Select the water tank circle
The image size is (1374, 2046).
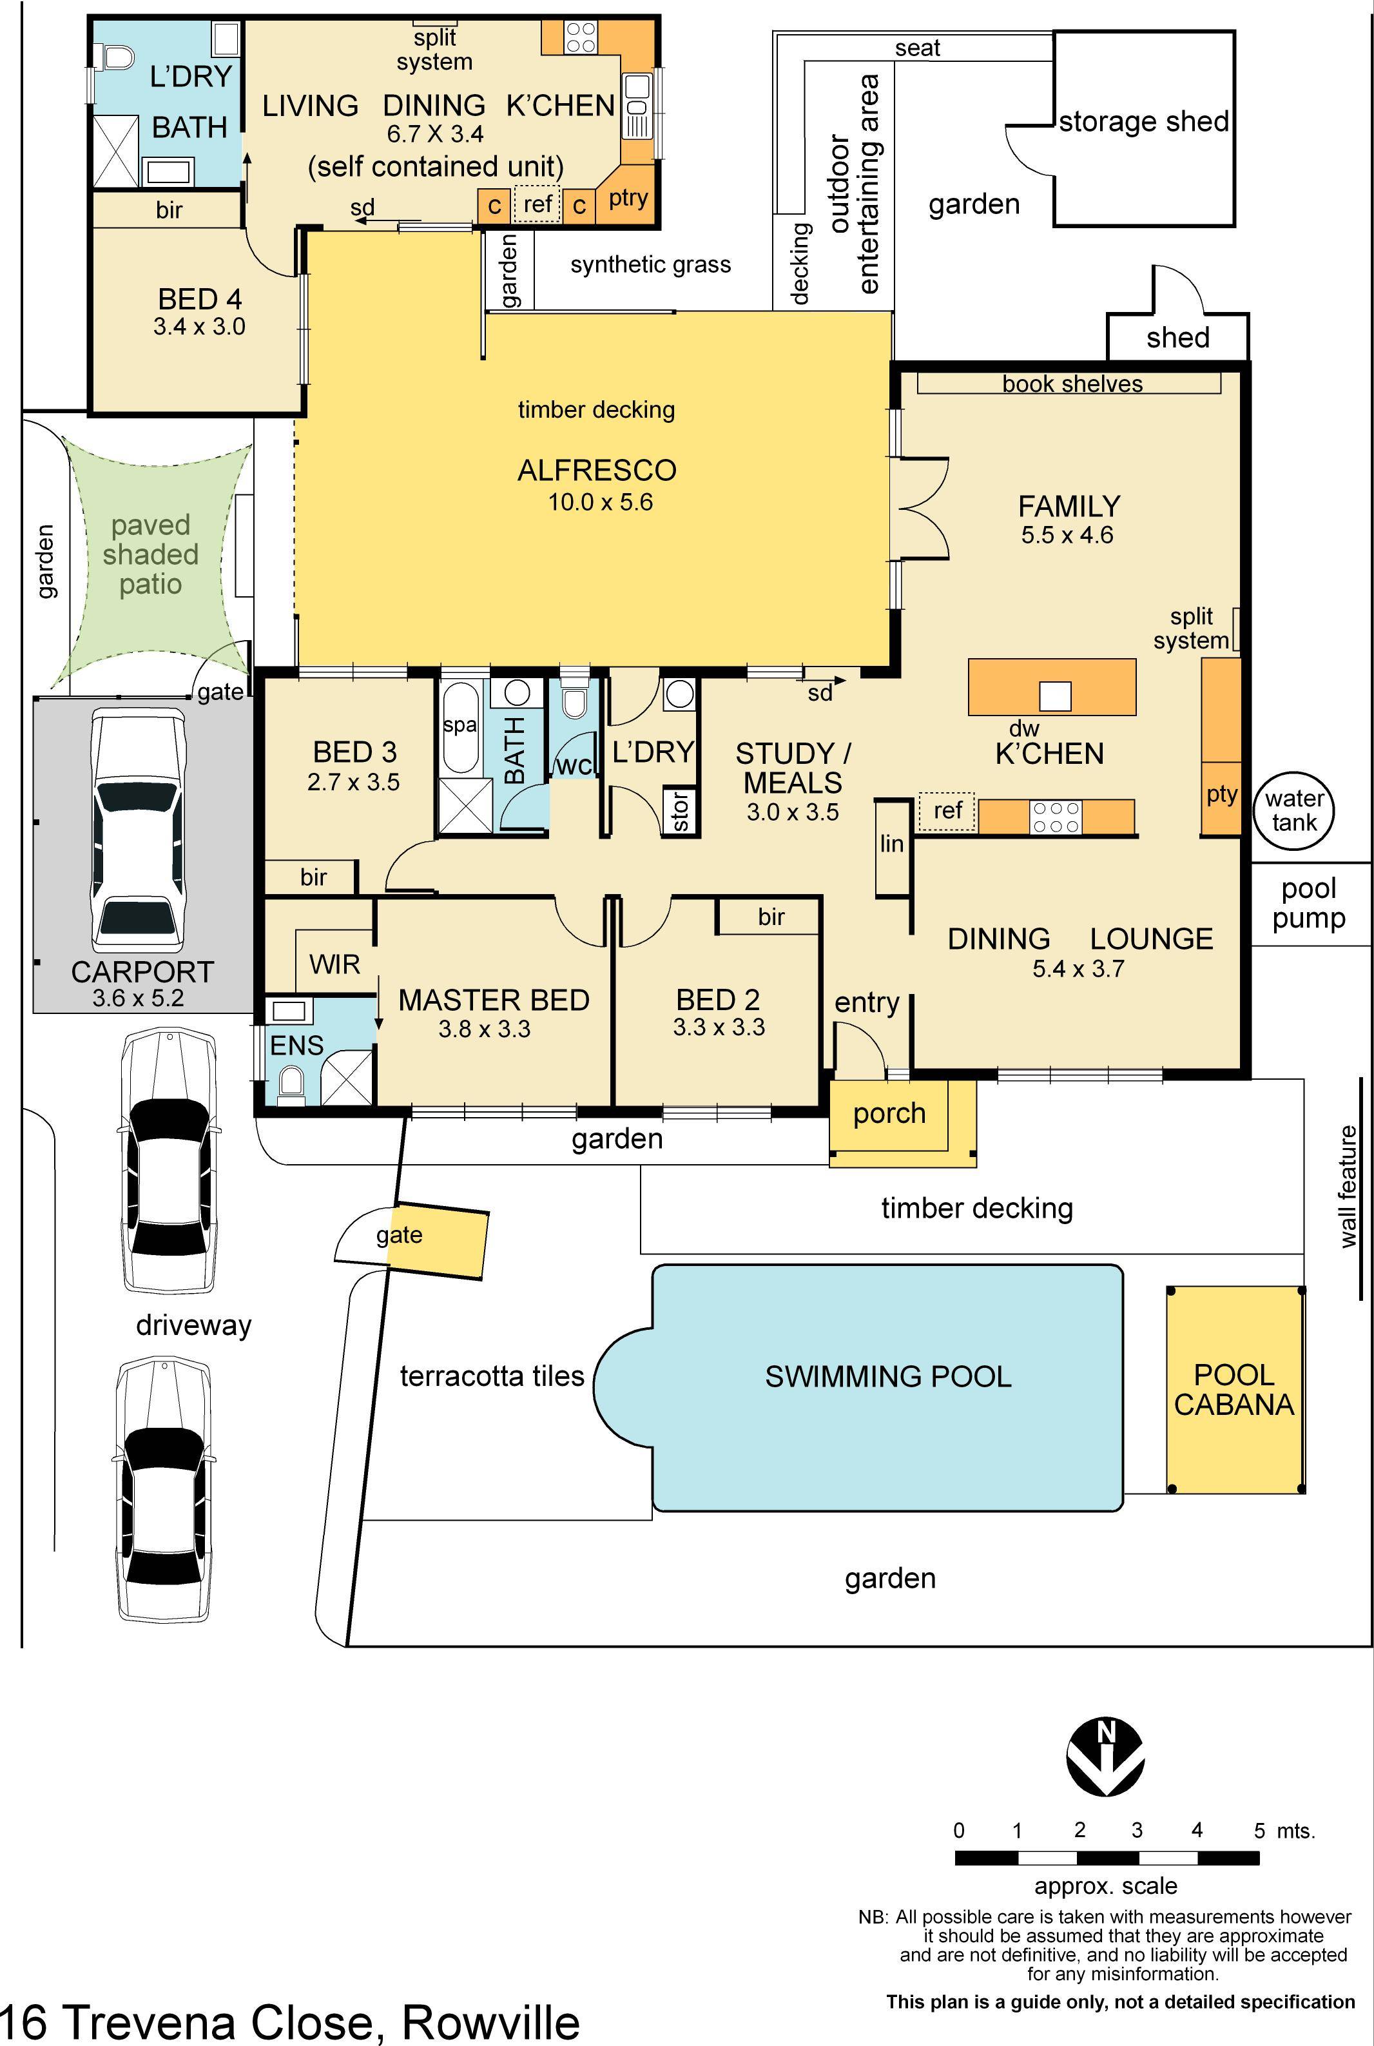(x=1293, y=810)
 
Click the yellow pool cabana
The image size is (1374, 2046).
(x=1235, y=1390)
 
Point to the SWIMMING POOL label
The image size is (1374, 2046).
(x=887, y=1376)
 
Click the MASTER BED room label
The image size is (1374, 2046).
(x=494, y=1000)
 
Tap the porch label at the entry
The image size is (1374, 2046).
(x=889, y=1114)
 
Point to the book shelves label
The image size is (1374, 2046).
(x=1072, y=384)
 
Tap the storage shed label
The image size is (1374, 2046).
(x=1143, y=121)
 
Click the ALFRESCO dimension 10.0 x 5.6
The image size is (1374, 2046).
(x=600, y=502)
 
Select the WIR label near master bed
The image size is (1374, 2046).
(x=334, y=965)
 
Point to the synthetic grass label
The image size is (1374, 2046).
(x=650, y=265)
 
